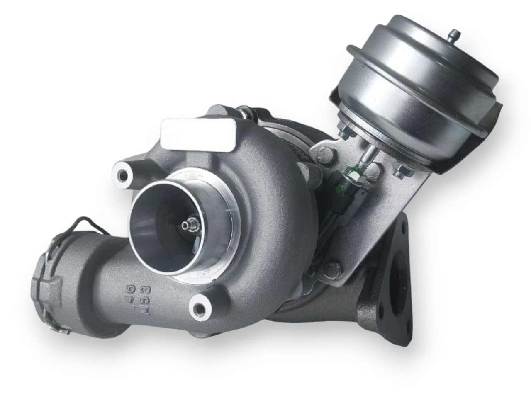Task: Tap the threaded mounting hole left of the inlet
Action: pyautogui.click(x=123, y=175)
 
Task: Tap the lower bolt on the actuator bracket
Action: pyautogui.click(x=334, y=270)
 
